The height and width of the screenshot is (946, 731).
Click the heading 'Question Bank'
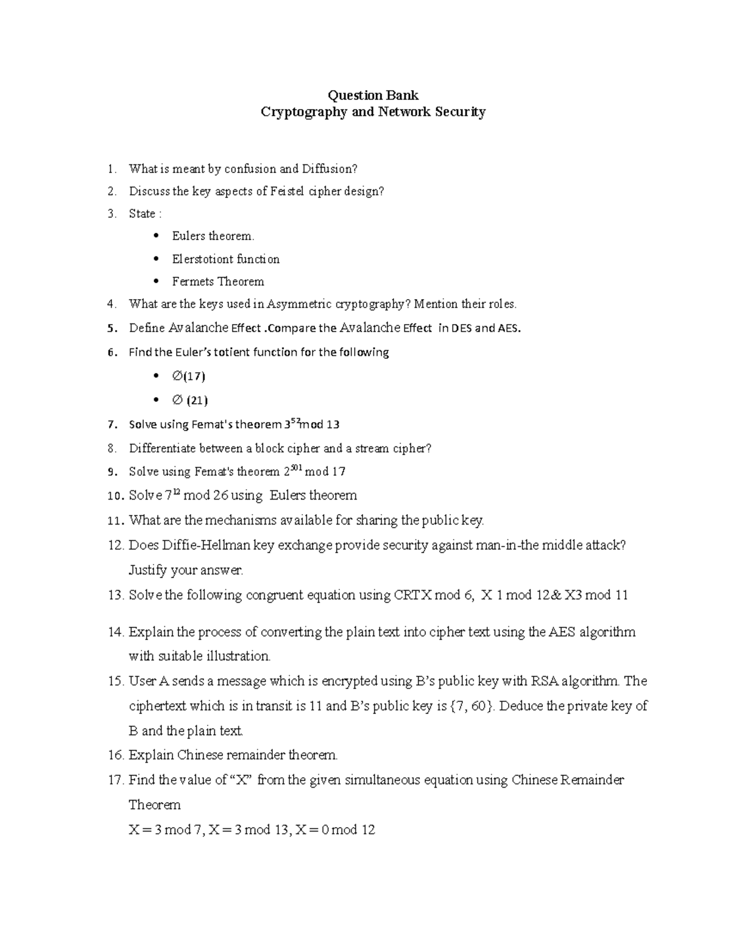(x=373, y=95)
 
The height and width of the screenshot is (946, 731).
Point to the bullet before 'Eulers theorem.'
(x=157, y=236)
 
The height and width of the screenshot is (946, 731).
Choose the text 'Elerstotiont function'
(x=225, y=259)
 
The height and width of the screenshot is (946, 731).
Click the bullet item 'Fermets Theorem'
(x=217, y=281)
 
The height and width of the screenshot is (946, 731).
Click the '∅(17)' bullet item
(x=188, y=376)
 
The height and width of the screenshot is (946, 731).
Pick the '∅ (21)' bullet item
(x=189, y=400)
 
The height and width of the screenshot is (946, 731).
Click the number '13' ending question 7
(x=333, y=425)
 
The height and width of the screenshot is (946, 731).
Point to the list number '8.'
(x=111, y=448)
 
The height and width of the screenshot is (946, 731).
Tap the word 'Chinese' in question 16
(x=200, y=755)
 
